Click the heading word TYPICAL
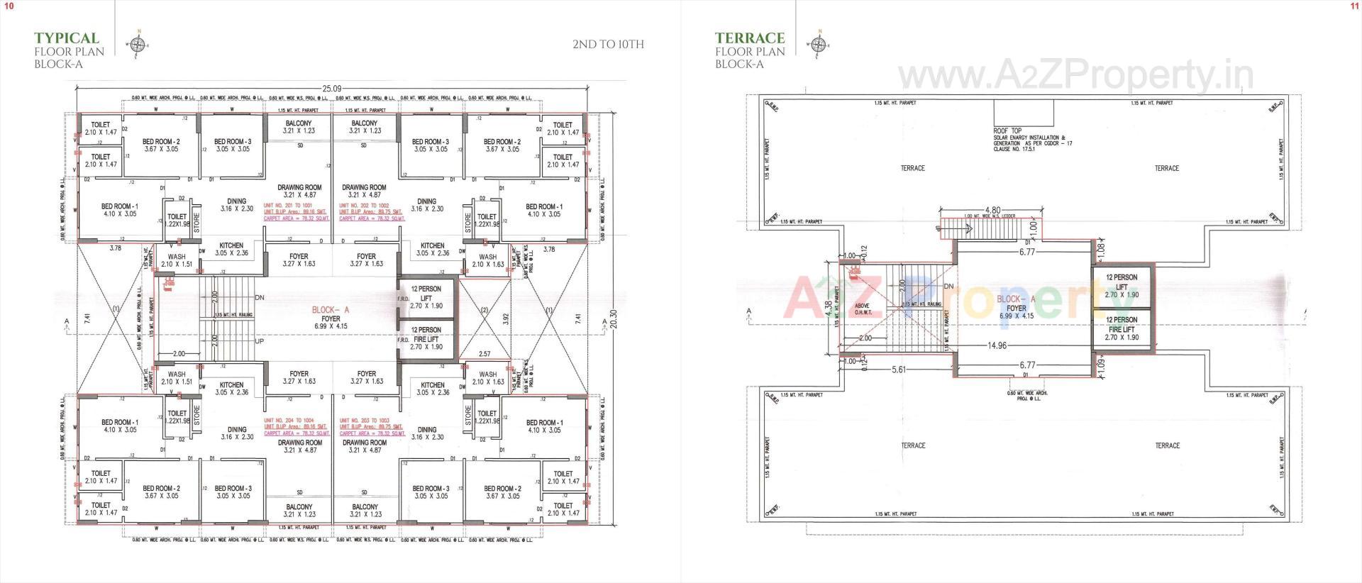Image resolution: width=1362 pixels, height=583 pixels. pos(67,38)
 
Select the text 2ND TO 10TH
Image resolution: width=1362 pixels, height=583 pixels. pos(608,45)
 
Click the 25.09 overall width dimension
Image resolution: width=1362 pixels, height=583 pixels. pos(332,89)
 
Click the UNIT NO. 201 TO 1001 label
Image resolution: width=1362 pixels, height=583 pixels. pos(287,205)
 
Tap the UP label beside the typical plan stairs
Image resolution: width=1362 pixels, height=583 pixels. pos(260,341)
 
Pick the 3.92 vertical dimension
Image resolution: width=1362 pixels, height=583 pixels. pos(506,318)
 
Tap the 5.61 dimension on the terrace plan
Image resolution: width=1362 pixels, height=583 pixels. pos(899,370)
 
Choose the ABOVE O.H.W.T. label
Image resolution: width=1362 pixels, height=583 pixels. pos(862,310)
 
